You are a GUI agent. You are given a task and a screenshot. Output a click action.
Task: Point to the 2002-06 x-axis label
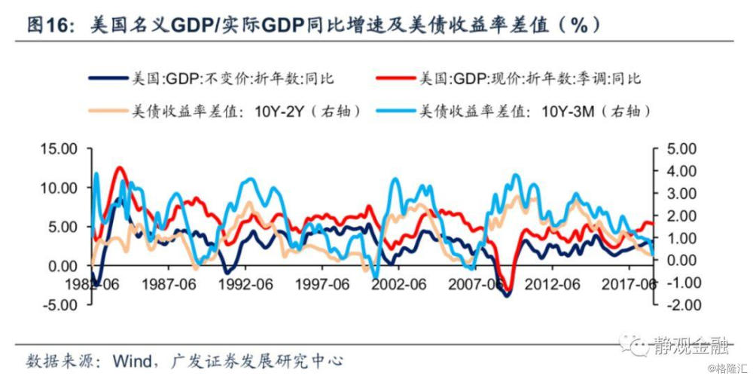pos(400,285)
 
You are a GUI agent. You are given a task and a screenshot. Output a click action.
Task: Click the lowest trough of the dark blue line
pos(506,295)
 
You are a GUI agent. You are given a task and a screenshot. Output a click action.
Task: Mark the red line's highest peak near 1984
pos(119,167)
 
